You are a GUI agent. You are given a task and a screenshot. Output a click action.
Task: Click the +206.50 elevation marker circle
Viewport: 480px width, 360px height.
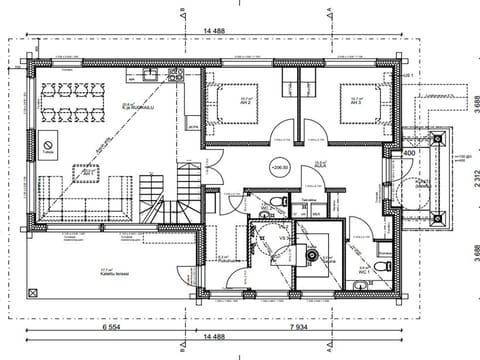[277, 167]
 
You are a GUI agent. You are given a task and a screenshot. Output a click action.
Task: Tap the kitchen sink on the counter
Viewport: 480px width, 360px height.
[149, 73]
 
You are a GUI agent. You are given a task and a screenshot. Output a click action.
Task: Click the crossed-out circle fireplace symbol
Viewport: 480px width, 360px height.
[47, 146]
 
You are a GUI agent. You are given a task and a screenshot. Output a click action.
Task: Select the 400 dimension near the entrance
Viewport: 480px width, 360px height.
[408, 152]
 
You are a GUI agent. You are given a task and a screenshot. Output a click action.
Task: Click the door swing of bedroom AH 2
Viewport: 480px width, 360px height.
[283, 132]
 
